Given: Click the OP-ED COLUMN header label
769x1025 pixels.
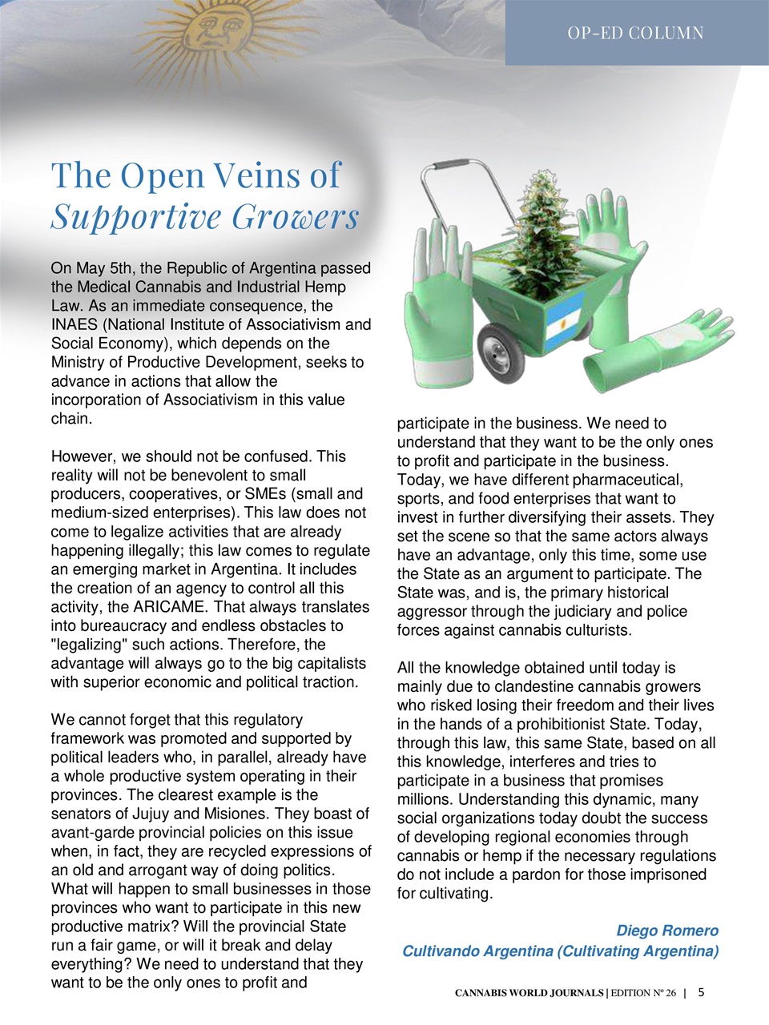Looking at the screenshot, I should (635, 33).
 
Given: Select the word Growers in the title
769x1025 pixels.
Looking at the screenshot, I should (296, 216).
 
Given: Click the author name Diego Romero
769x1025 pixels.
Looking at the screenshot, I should (666, 931).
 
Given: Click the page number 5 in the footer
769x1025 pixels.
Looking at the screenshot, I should (701, 992).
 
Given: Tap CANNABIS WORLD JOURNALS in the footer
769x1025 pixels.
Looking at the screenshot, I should (529, 993).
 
